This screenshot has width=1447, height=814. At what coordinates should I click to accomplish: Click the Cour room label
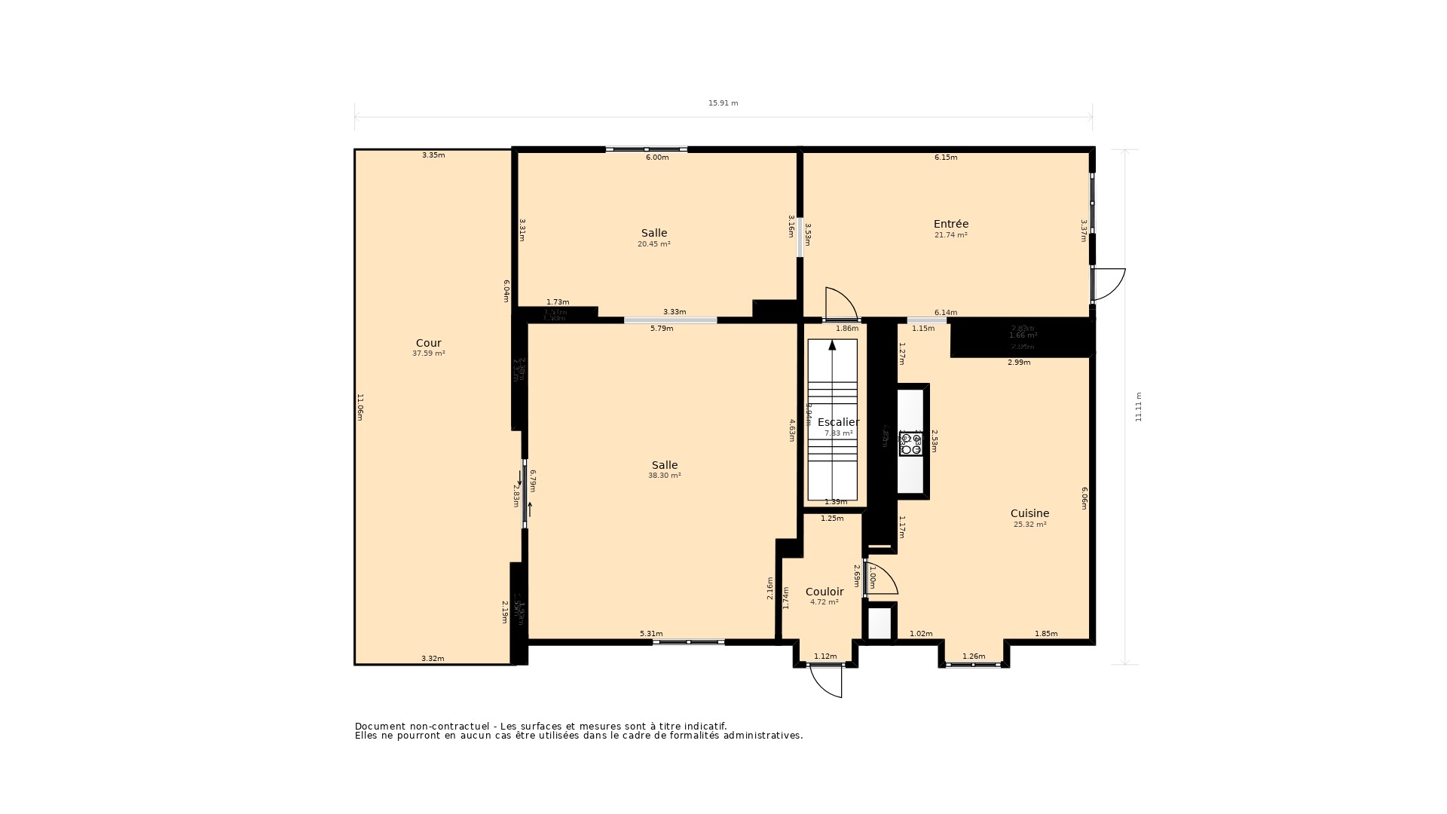click(428, 343)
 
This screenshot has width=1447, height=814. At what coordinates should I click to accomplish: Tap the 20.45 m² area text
click(653, 244)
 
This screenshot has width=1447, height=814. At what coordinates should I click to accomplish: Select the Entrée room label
click(950, 224)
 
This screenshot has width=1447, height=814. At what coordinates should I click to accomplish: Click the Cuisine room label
click(1029, 513)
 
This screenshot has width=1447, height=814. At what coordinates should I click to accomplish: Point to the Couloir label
click(824, 592)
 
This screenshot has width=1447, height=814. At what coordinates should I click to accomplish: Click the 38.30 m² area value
click(664, 476)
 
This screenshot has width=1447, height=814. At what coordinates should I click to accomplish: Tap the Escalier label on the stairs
click(838, 422)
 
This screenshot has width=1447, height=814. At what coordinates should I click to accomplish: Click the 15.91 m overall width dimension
click(723, 103)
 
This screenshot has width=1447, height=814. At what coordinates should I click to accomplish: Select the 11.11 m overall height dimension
click(1138, 407)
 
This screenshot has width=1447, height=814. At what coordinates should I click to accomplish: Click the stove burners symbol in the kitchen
click(910, 445)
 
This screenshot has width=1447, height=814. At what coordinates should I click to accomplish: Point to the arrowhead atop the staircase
click(832, 345)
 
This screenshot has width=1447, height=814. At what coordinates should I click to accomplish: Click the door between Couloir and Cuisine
click(881, 579)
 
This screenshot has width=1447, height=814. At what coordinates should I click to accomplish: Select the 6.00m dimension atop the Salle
click(656, 158)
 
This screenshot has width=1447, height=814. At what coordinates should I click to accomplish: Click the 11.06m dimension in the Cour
click(360, 407)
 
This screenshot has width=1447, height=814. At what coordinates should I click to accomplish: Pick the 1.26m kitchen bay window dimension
click(973, 656)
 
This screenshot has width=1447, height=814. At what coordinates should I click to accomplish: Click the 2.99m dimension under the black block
click(1018, 363)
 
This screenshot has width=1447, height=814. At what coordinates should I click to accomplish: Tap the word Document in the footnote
click(381, 726)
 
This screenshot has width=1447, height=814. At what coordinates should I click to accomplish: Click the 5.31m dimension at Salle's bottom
click(650, 634)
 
